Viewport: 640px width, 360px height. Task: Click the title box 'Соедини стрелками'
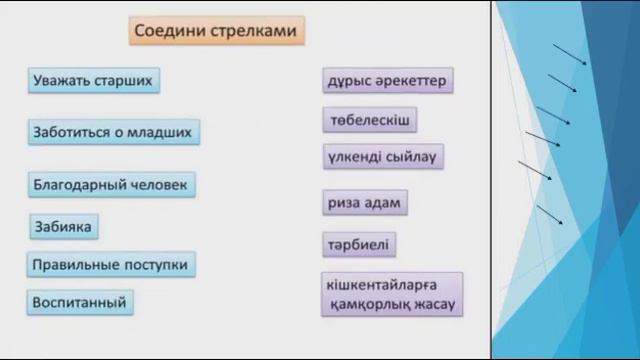(217, 31)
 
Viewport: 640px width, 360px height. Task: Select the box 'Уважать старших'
(94, 80)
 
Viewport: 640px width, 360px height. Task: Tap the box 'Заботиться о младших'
(114, 132)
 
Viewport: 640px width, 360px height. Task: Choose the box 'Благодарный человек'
(111, 185)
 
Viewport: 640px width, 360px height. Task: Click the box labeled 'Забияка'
(63, 227)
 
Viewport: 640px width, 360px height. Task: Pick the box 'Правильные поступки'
(111, 265)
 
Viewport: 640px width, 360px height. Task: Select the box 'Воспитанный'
(81, 300)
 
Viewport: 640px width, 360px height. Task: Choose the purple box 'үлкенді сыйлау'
(384, 157)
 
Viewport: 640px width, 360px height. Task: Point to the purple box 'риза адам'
(364, 203)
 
